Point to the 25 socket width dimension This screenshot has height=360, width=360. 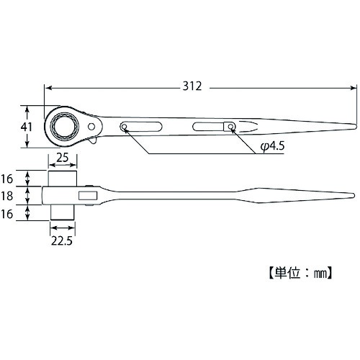(63, 157)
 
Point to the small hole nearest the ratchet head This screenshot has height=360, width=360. (125, 129)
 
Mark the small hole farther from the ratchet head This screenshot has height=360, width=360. (231, 127)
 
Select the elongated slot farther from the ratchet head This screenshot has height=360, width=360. (209, 127)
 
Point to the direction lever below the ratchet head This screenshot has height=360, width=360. (95, 145)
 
